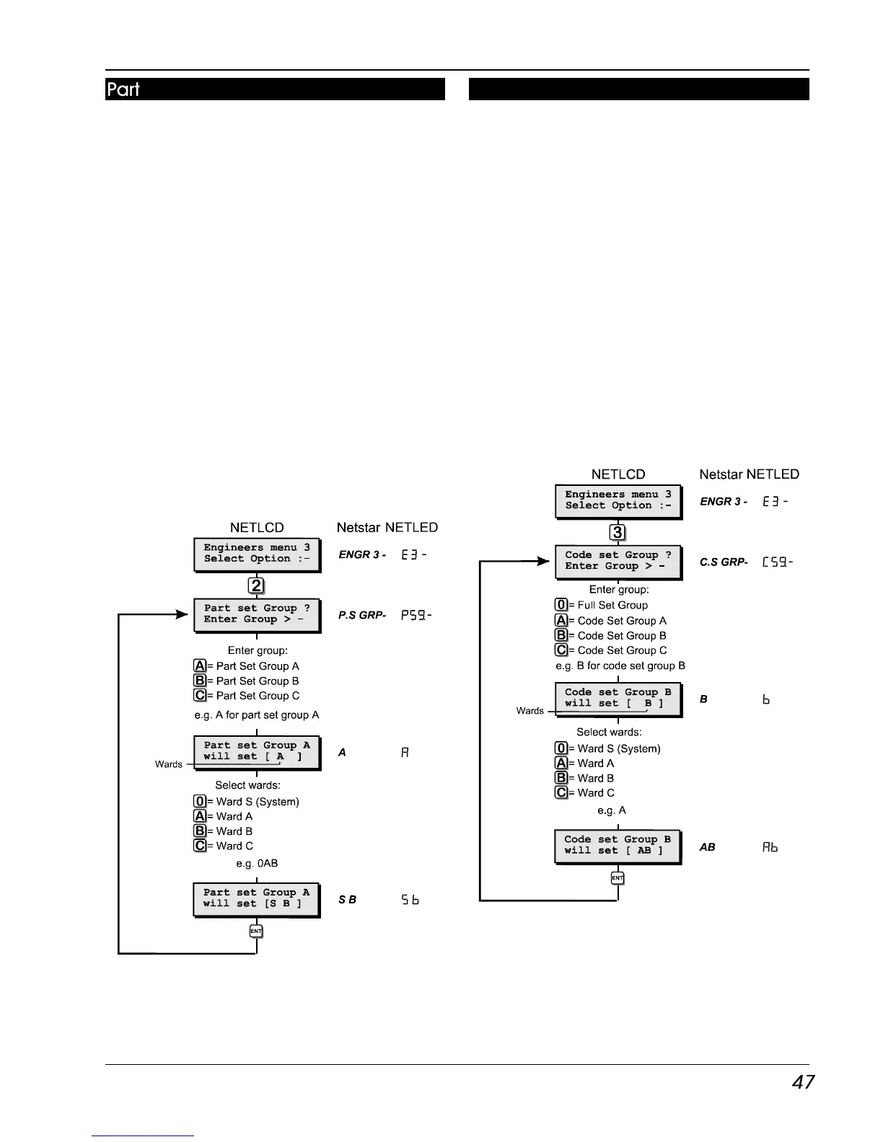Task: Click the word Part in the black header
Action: point(123,89)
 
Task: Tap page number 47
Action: point(803,1082)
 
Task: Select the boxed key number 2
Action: point(257,586)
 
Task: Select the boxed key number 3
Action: point(618,533)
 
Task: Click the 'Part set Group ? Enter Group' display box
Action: point(257,615)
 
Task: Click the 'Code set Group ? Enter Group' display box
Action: point(618,562)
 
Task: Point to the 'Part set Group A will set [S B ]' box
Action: point(256,899)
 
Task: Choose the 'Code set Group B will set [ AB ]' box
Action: point(618,846)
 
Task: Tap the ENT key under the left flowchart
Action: point(256,931)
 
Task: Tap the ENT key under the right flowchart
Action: point(618,878)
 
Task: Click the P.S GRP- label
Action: point(362,616)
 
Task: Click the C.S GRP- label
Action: point(724,562)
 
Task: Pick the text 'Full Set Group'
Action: point(612,606)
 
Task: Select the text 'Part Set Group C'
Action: point(258,696)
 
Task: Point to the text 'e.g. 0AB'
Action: point(257,864)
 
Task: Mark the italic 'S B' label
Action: point(348,900)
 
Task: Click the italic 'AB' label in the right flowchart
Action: point(708,847)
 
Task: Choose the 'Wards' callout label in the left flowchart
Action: point(169,764)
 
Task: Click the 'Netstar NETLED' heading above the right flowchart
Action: point(750,474)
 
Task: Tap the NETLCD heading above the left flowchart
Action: point(257,528)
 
